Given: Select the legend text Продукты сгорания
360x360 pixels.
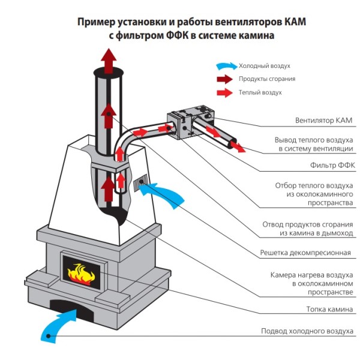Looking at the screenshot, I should tap(267, 79).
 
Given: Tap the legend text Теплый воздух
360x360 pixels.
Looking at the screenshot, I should tap(260, 92).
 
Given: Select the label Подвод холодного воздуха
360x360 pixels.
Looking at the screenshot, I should tap(307, 331).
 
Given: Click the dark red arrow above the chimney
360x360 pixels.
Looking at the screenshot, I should tap(109, 60).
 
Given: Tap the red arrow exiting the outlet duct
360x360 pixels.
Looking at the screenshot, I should tap(237, 146).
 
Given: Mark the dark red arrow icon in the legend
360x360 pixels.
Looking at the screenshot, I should tap(226, 79).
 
